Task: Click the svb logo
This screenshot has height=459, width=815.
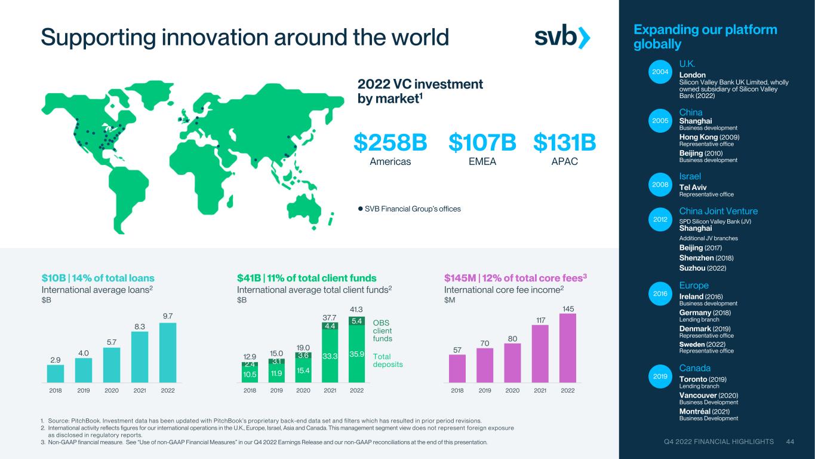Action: [562, 37]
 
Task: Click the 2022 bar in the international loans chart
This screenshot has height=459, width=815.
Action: [168, 353]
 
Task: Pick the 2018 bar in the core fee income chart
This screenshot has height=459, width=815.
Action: [457, 369]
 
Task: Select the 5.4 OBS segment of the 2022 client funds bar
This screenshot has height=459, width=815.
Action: [356, 321]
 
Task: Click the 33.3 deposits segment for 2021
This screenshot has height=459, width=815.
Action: [330, 356]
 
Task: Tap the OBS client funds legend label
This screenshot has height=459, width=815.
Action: [382, 331]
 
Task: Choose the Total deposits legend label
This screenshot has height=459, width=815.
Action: [387, 360]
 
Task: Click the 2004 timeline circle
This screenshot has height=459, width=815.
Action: [660, 72]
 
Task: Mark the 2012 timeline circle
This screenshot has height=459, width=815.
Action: [660, 219]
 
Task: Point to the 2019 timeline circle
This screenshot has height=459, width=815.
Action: [660, 377]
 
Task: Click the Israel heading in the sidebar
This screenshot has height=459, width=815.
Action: [690, 176]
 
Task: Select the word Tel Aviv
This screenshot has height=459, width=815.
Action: [693, 187]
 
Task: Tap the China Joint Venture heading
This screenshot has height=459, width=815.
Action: [718, 211]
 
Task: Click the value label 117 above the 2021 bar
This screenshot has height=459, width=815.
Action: [541, 320]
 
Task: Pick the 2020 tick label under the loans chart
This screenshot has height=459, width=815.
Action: [111, 390]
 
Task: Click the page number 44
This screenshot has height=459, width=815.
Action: [790, 442]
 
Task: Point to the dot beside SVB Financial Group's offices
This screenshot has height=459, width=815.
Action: [361, 209]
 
